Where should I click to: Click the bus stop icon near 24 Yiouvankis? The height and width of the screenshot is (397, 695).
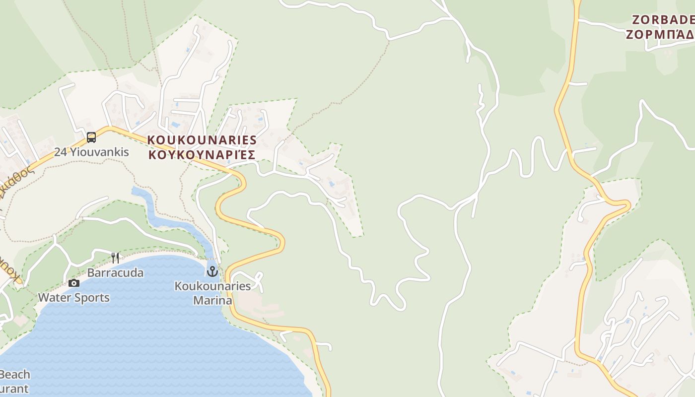[x=91, y=137]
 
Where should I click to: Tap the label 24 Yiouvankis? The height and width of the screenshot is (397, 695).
[x=91, y=152]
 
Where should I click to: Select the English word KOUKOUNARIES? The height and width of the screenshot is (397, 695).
[x=202, y=140]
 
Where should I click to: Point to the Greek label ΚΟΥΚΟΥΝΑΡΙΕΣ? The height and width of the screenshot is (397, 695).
[x=202, y=155]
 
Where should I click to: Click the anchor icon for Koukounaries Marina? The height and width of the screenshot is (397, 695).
[x=212, y=271]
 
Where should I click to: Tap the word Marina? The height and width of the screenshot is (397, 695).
[x=212, y=300]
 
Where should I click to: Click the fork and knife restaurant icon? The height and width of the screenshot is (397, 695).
[x=115, y=258]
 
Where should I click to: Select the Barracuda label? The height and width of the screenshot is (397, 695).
[x=115, y=272]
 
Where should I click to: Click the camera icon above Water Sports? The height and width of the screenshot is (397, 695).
[x=74, y=283]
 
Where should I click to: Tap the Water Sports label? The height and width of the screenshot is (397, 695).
[x=74, y=298]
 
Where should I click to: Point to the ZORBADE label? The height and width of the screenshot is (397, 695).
[x=663, y=20]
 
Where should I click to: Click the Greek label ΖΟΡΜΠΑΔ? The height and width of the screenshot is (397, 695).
[x=660, y=34]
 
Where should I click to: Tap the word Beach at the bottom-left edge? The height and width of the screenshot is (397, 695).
[x=15, y=374]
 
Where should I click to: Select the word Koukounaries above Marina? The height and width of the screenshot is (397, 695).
[x=212, y=286]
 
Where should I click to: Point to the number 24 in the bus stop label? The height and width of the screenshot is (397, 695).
[x=61, y=152]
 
